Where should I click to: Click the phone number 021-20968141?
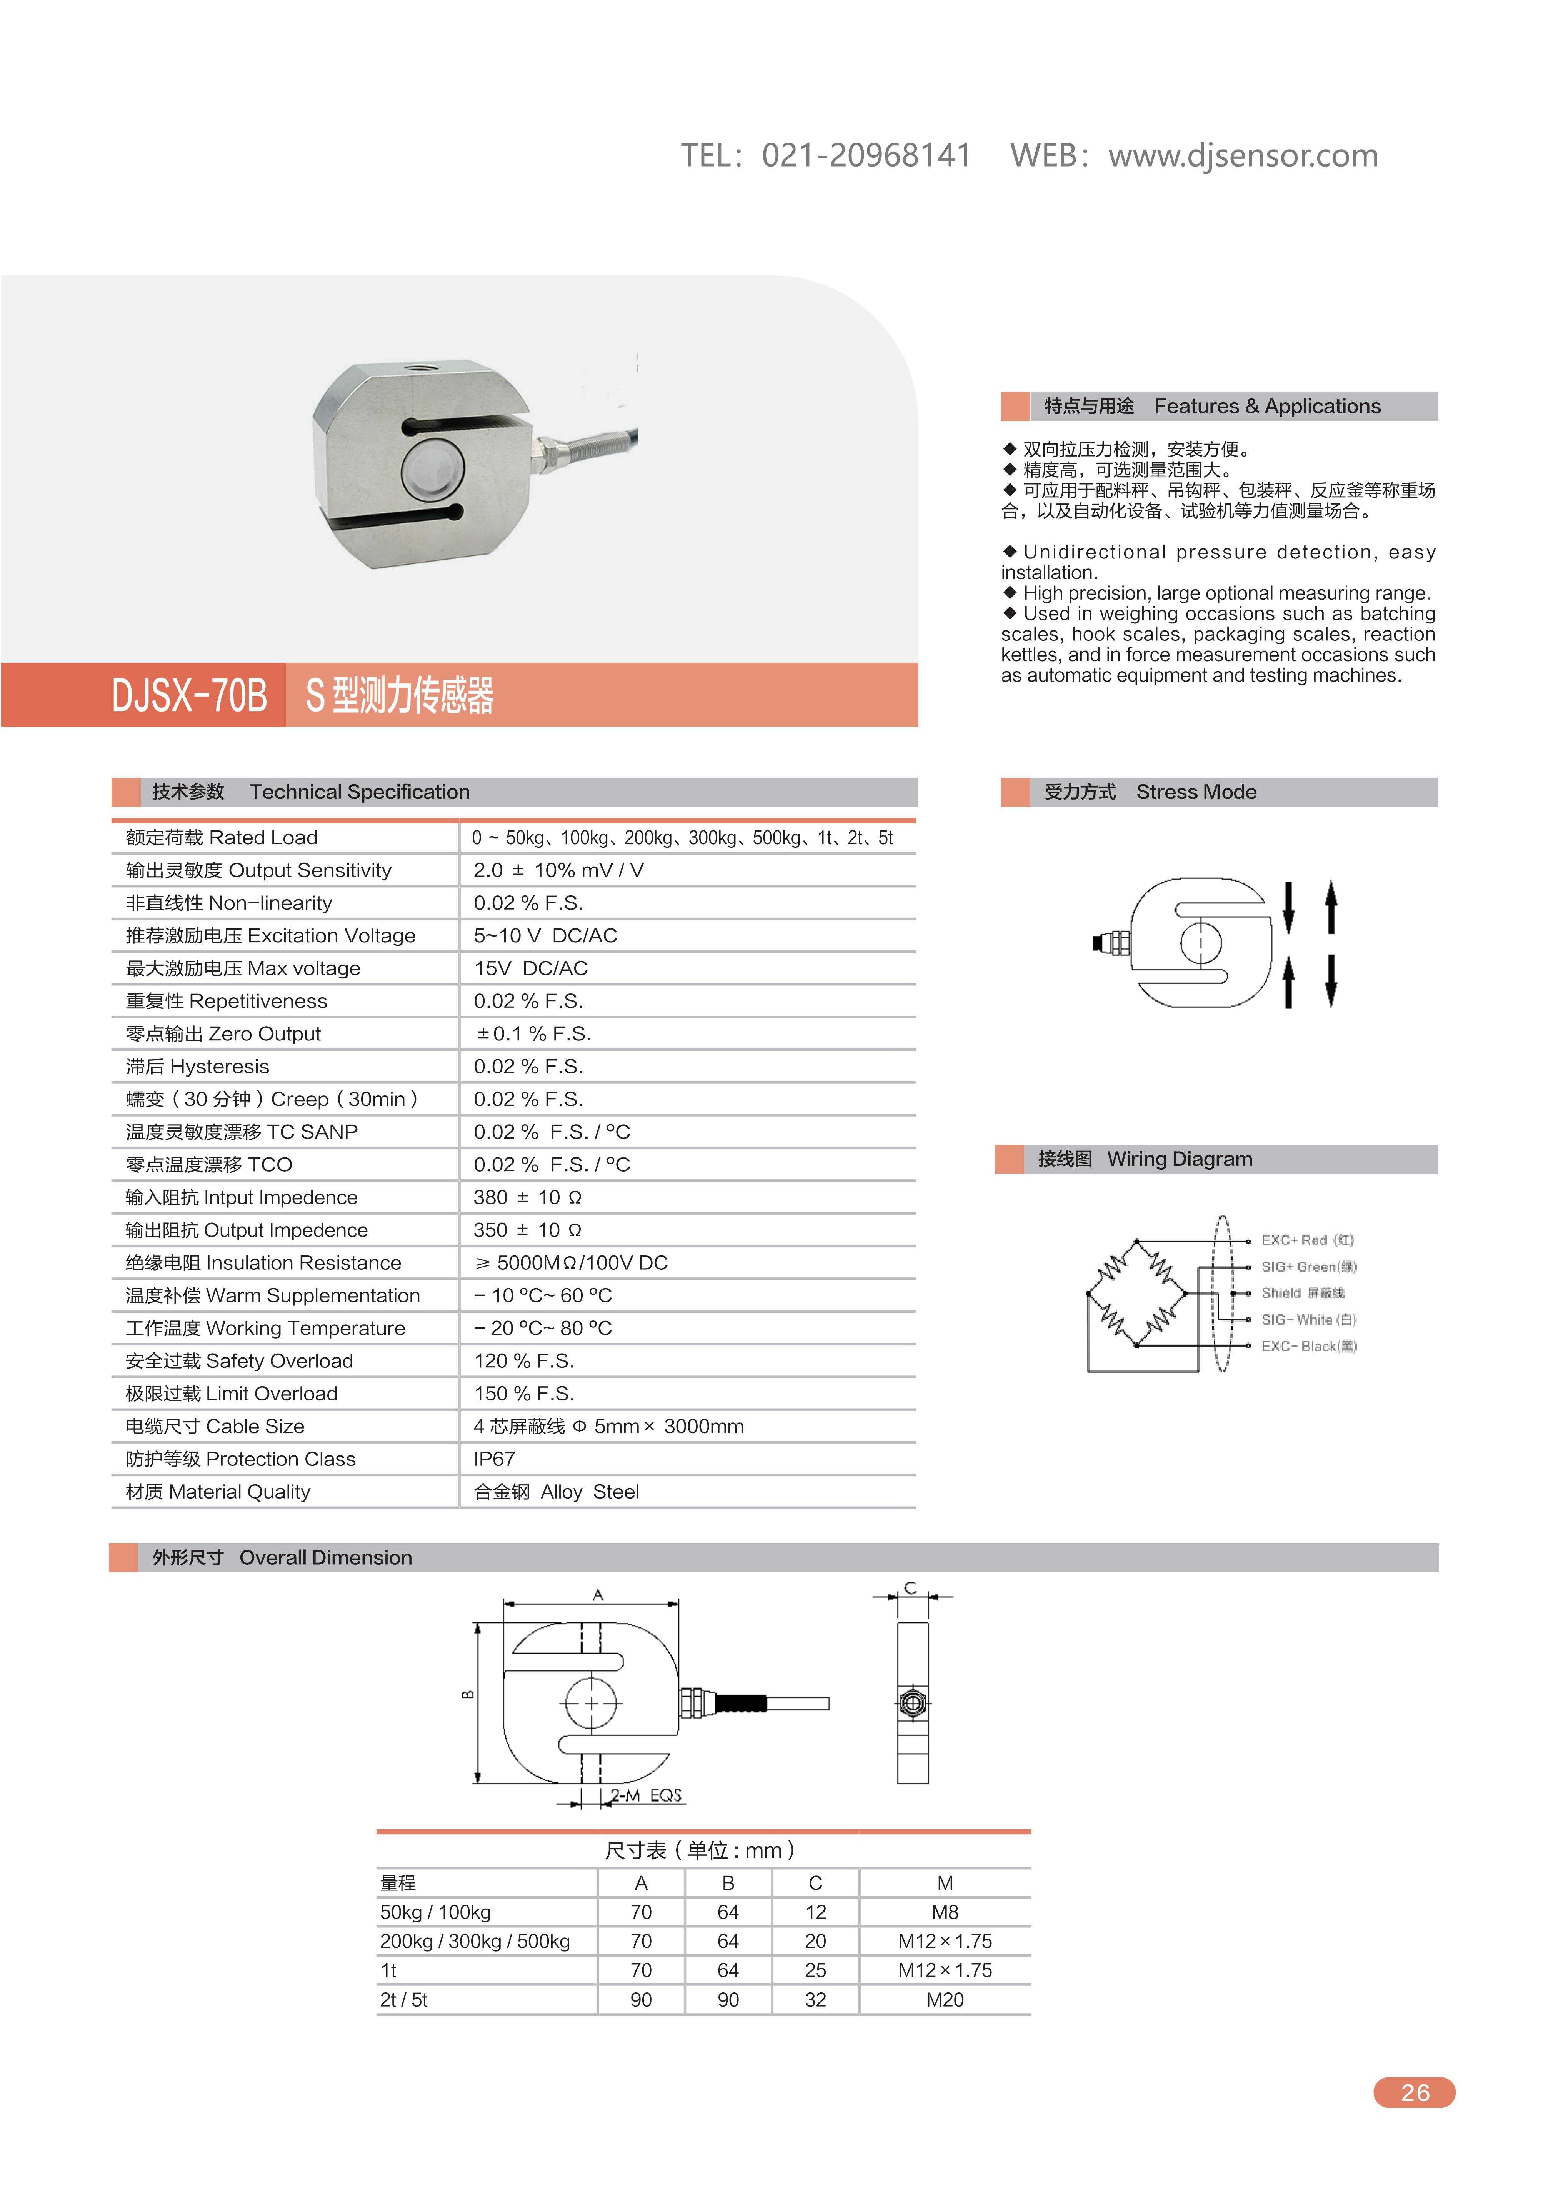click(866, 155)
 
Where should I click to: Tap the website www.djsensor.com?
click(1243, 155)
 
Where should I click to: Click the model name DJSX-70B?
click(189, 695)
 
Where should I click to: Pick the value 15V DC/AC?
click(530, 968)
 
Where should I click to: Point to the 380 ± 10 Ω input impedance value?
click(528, 1197)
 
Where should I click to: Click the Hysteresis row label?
click(198, 1067)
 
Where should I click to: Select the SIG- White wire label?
click(1308, 1320)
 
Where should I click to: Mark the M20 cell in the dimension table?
click(945, 2000)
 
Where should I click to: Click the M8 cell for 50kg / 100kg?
click(945, 1912)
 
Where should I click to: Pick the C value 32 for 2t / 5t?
click(815, 2000)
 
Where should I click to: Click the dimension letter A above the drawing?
click(598, 1595)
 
